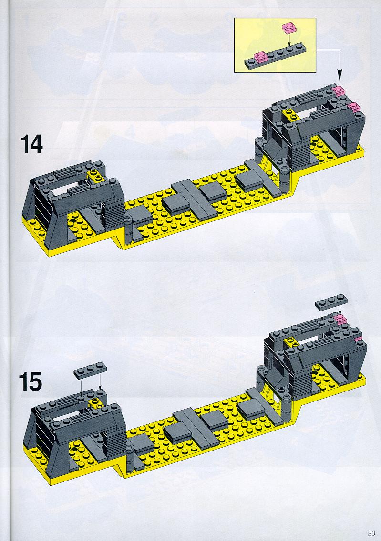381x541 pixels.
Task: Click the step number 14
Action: click(x=31, y=144)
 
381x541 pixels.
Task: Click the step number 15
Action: click(x=31, y=382)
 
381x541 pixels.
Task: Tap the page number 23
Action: click(x=371, y=533)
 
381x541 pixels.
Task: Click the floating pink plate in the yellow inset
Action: click(x=289, y=28)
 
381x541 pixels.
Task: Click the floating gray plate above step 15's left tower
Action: click(x=90, y=371)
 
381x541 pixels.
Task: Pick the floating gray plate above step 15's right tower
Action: click(x=331, y=302)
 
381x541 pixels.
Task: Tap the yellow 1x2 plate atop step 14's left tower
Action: click(x=97, y=176)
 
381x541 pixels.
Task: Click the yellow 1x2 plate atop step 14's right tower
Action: click(x=291, y=115)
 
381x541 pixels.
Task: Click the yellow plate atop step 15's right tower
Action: click(x=292, y=342)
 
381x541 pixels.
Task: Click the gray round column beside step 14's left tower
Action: click(x=128, y=229)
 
